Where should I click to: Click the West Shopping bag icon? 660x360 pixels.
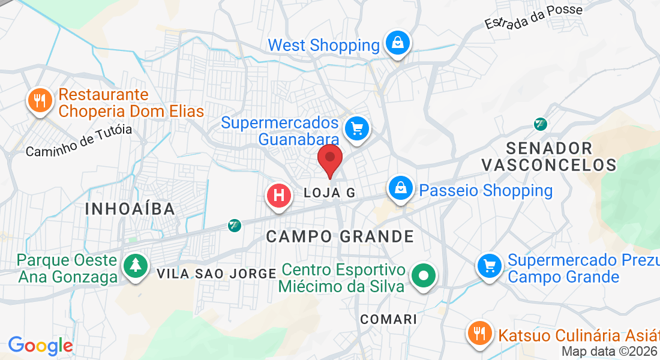pyautogui.click(x=397, y=43)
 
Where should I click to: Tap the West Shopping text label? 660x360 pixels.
pyautogui.click(x=323, y=45)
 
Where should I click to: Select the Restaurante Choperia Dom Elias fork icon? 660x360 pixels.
pyautogui.click(x=40, y=100)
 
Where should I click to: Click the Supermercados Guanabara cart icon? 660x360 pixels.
pyautogui.click(x=357, y=128)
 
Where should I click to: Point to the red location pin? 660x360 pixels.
pyautogui.click(x=330, y=160)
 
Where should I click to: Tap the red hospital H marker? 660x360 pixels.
pyautogui.click(x=279, y=196)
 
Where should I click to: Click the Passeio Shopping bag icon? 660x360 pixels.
pyautogui.click(x=400, y=188)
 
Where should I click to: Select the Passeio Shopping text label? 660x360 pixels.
pyautogui.click(x=485, y=191)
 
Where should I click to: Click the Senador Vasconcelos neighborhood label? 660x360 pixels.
pyautogui.click(x=549, y=157)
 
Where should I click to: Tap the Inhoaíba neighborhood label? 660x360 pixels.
pyautogui.click(x=130, y=209)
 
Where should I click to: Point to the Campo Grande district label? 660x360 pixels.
pyautogui.click(x=340, y=236)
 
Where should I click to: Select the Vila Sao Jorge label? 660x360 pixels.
pyautogui.click(x=216, y=274)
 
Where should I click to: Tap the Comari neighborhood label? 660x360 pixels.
pyautogui.click(x=388, y=319)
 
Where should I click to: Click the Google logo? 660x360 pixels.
pyautogui.click(x=40, y=346)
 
